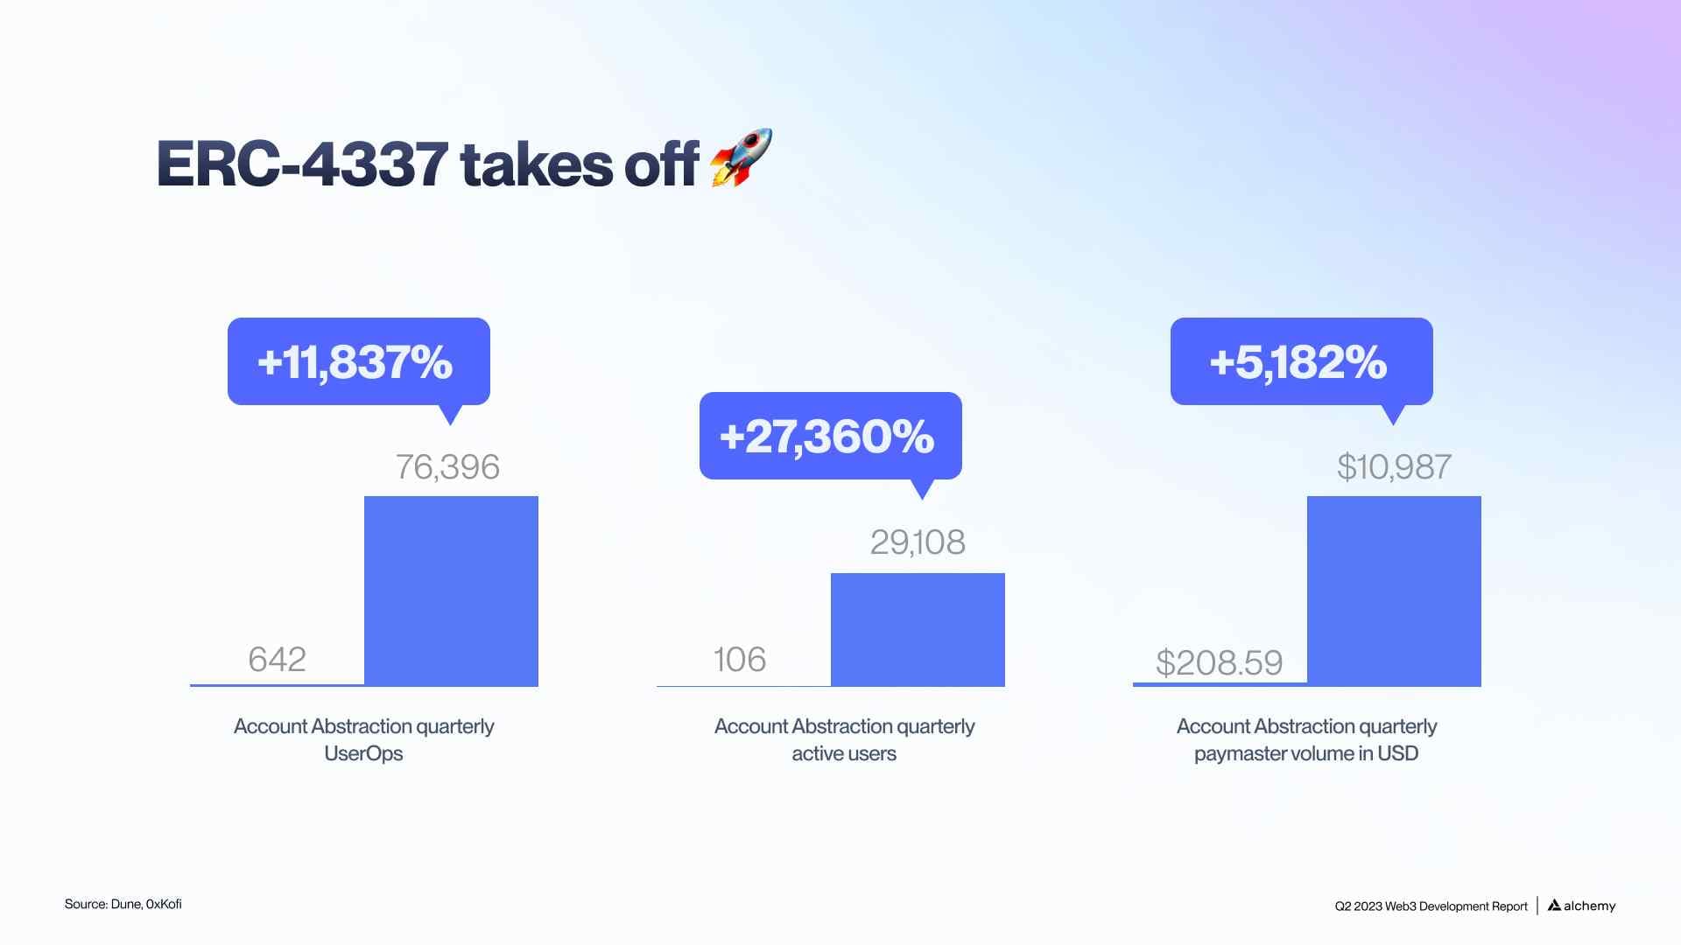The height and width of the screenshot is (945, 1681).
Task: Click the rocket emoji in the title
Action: [x=741, y=157]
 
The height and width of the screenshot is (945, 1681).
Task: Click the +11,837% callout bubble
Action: [x=358, y=361]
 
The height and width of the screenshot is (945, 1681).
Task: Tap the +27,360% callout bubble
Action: [x=829, y=436]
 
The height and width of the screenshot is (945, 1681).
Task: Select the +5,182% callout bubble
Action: [x=1300, y=361]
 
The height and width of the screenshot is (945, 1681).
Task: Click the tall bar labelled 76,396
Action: [x=451, y=591]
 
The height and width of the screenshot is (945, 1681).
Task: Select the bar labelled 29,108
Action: [x=918, y=629]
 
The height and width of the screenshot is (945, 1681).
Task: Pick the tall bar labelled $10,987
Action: [x=1394, y=591]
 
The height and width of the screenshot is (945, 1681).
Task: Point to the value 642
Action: [x=277, y=659]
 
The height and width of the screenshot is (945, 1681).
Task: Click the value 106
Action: [x=740, y=660]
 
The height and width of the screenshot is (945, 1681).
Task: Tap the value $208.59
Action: [x=1219, y=662]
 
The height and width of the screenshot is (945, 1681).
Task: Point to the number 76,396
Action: [x=447, y=467]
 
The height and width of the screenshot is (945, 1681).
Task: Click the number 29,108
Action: [x=918, y=542]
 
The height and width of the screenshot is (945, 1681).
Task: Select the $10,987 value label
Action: [x=1394, y=467]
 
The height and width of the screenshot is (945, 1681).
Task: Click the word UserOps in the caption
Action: [x=363, y=753]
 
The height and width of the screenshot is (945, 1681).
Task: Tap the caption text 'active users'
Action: [x=844, y=753]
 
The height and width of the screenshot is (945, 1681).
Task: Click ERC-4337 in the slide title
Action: [x=302, y=164]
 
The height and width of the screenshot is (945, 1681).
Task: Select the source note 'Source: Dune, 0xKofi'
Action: [x=123, y=904]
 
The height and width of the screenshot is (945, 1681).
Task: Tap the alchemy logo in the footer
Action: [x=1582, y=906]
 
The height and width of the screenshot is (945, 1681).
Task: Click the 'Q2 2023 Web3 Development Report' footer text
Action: [x=1431, y=906]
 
